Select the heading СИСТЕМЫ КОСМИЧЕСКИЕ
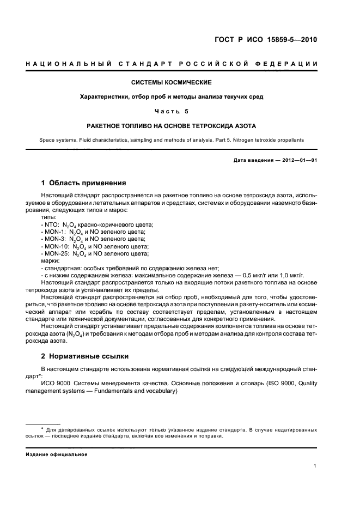(x=172, y=83)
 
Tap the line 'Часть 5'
(x=172, y=111)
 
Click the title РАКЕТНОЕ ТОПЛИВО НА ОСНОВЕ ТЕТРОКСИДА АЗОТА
(x=172, y=125)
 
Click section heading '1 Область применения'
(x=84, y=183)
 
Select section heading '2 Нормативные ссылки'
(x=85, y=356)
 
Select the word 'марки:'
(x=50, y=260)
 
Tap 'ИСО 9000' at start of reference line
(x=53, y=383)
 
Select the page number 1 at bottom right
(x=315, y=465)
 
